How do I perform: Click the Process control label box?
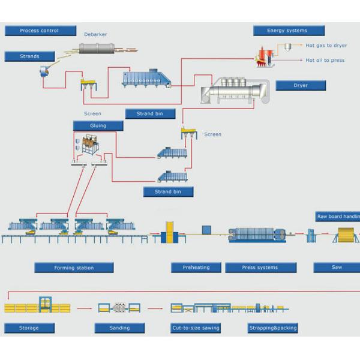tap(40, 31)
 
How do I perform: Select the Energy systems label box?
tap(289, 31)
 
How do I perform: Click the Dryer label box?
tap(301, 85)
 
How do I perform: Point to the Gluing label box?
tap(98, 125)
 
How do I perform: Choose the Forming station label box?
tap(74, 268)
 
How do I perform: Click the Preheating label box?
tap(196, 267)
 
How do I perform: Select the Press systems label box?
tap(260, 267)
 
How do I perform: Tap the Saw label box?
tap(337, 267)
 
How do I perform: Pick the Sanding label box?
tap(119, 328)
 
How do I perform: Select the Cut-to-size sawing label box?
tap(196, 328)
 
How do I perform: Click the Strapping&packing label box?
tap(272, 328)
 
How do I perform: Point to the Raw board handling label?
tap(338, 217)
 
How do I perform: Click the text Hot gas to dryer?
tap(326, 46)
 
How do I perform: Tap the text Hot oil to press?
tap(325, 60)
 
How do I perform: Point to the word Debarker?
tap(95, 34)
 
